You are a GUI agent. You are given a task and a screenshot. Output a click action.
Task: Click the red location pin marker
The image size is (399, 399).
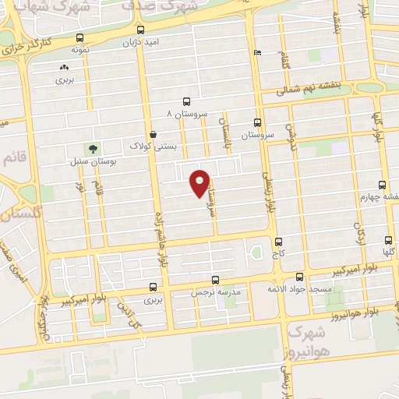coord(200,182)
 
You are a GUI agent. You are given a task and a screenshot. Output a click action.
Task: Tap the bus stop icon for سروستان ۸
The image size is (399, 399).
coord(185,101)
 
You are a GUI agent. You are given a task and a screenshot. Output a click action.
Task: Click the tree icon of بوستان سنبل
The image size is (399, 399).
coord(94,149)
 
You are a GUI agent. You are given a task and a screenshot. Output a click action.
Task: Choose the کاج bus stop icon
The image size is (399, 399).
coord(279,242)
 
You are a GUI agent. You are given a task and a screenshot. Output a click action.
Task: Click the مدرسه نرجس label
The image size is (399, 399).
coord(214,291)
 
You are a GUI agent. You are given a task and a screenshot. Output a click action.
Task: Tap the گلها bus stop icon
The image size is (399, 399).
coord(388,241)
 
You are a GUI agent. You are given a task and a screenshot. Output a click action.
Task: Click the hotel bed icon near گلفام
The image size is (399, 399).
coord(258,53)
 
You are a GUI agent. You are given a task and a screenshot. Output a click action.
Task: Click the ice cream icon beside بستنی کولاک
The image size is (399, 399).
coord(151,134)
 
